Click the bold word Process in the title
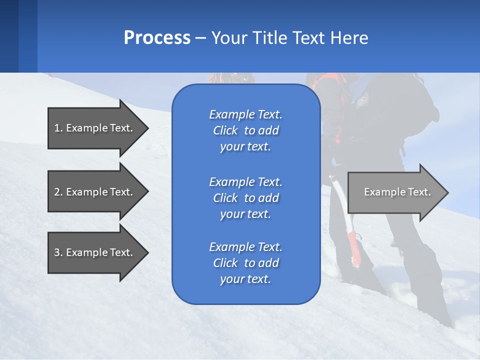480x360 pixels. pos(157,38)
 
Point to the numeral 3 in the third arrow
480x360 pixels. pos(57,252)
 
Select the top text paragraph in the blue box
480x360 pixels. pos(245,130)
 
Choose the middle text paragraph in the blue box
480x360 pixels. pos(245,198)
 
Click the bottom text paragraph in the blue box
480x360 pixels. pos(245,263)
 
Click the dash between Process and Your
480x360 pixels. pos(200,38)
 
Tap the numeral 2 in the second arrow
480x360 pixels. pos(57,192)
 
